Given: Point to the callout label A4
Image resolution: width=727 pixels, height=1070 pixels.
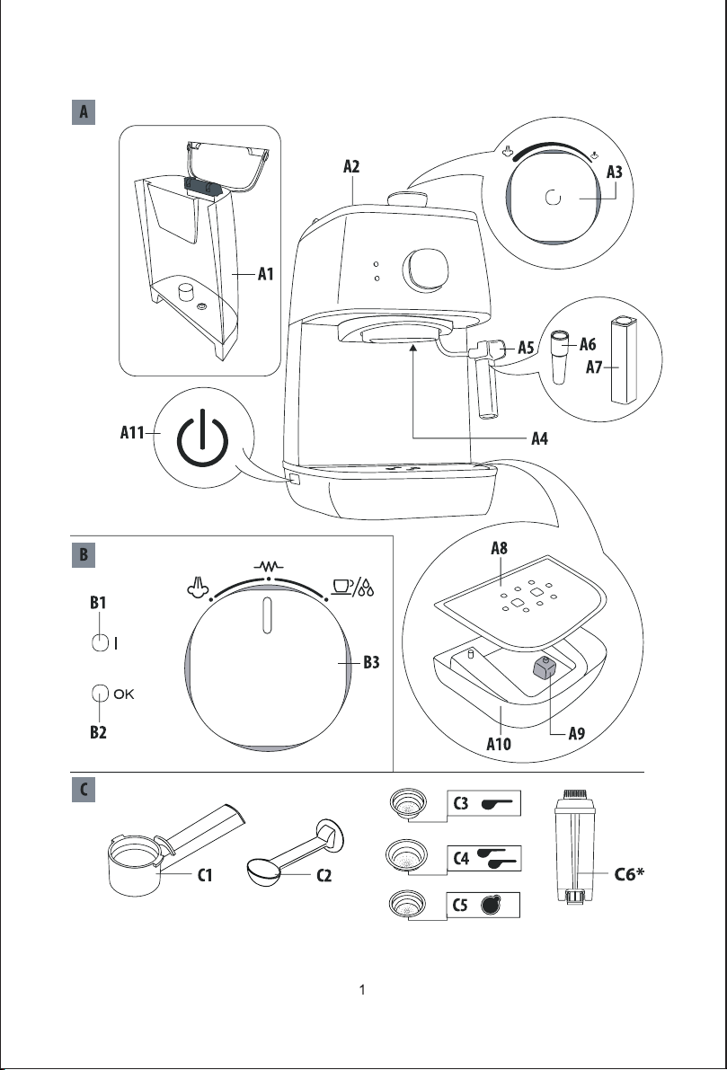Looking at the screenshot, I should pos(539,439).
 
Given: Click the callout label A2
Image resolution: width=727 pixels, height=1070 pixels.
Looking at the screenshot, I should pos(353,166).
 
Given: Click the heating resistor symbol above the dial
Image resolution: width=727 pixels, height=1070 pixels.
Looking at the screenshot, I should pos(267,567).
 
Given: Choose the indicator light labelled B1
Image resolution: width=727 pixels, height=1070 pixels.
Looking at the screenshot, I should pos(101,642).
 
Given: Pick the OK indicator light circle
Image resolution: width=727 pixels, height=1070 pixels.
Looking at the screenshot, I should pos(101,694).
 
